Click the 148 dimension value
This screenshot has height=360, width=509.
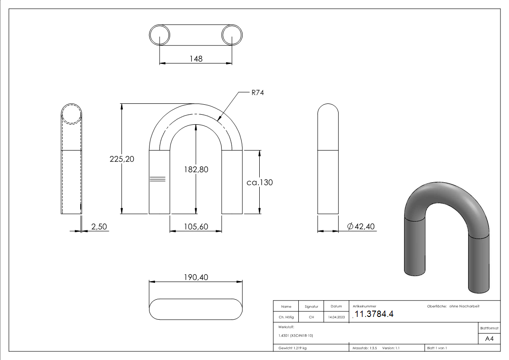pyautogui.click(x=196, y=58)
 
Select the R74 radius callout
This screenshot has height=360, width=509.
pyautogui.click(x=257, y=92)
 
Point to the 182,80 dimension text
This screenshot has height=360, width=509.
pyautogui.click(x=196, y=170)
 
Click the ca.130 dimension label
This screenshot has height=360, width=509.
pyautogui.click(x=259, y=182)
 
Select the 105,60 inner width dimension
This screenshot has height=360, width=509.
pyautogui.click(x=196, y=226)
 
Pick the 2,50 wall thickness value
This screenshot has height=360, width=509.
pyautogui.click(x=99, y=226)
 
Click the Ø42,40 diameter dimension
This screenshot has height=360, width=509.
pyautogui.click(x=361, y=226)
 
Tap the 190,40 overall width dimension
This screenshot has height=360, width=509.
pyautogui.click(x=196, y=277)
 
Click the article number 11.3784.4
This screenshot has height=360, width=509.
pyautogui.click(x=374, y=314)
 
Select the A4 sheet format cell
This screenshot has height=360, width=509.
pyautogui.click(x=490, y=339)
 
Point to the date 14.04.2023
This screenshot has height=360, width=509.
pyautogui.click(x=336, y=317)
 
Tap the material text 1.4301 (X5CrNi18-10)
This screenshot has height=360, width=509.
pyautogui.click(x=296, y=336)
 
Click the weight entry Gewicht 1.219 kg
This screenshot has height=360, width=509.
pyautogui.click(x=293, y=348)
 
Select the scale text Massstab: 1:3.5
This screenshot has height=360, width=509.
pyautogui.click(x=365, y=348)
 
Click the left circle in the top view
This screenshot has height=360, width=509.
pyautogui.click(x=160, y=35)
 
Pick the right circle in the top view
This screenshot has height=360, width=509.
pyautogui.click(x=232, y=35)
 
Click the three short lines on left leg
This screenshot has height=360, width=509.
pyautogui.click(x=157, y=179)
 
